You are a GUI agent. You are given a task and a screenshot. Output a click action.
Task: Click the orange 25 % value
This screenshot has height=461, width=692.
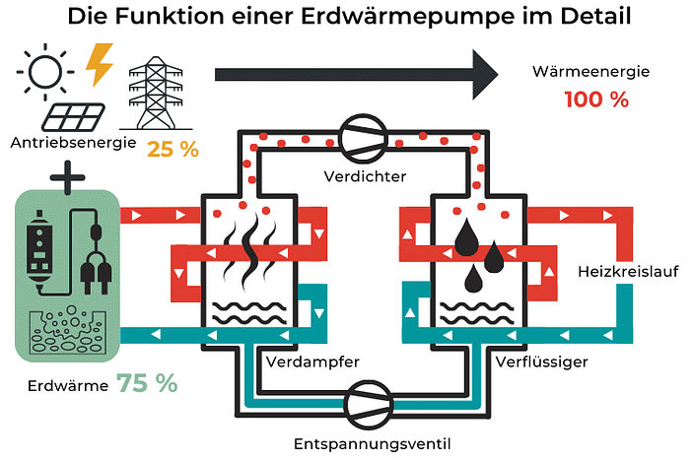coord(173,150)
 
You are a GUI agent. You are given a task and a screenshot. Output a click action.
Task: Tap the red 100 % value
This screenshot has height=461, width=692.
coord(596,99)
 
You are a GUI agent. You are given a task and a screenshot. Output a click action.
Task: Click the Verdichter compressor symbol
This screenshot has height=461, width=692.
coord(361,138)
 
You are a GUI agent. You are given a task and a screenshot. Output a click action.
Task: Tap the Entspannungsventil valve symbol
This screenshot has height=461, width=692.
coord(361,404)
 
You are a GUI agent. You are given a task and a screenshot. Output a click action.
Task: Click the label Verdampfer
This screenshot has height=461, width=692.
coord(312,362)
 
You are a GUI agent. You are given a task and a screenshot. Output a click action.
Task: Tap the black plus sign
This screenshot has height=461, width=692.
coord(67,180)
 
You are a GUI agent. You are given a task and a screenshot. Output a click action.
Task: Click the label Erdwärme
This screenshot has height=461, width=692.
coord(68,385)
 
